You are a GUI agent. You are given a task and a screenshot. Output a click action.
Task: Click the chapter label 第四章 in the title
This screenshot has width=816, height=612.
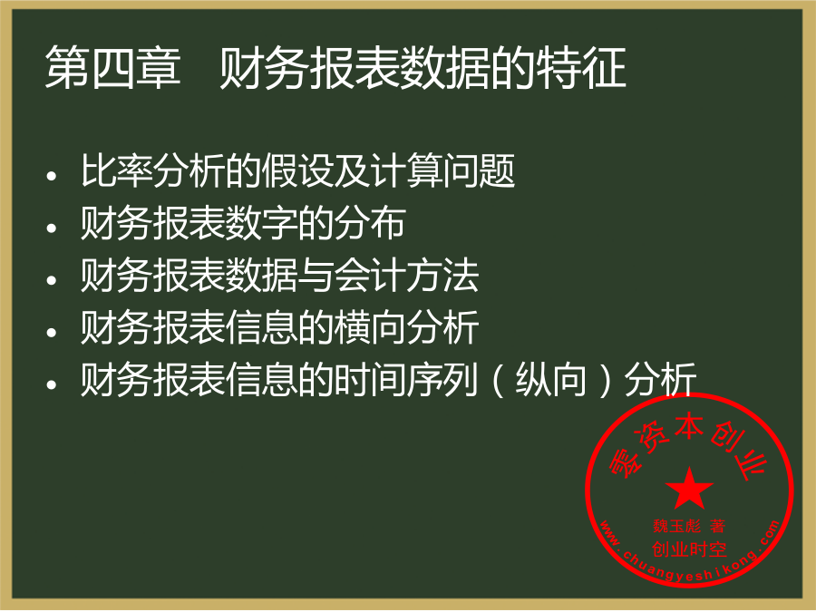click(113, 67)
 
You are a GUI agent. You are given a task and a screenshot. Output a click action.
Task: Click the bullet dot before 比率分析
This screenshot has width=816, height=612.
click(51, 176)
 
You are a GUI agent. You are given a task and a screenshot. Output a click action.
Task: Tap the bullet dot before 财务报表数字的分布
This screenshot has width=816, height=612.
click(51, 228)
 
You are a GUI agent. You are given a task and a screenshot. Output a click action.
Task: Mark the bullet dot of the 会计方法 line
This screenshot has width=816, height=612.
click(51, 280)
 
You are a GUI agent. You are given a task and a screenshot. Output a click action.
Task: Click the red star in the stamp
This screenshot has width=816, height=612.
click(689, 488)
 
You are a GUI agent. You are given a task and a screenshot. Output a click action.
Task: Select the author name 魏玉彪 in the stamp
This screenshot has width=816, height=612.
click(677, 526)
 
